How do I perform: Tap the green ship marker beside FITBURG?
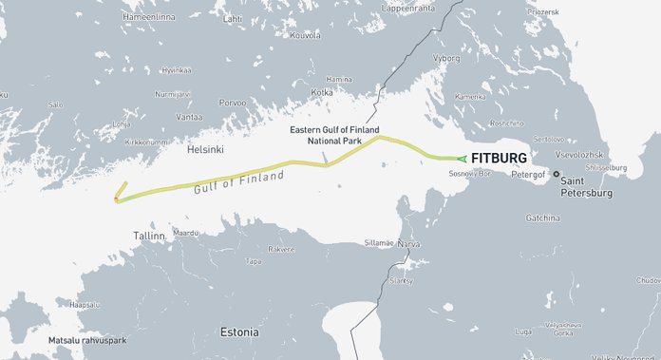[x=462, y=159]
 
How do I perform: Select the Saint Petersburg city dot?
[x=557, y=174]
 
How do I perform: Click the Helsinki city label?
[x=205, y=149]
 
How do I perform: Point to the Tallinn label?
[x=149, y=235]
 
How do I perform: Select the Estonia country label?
[x=238, y=332]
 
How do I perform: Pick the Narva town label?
[x=408, y=244]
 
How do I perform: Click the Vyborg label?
[x=445, y=57]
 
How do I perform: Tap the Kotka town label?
[x=322, y=92]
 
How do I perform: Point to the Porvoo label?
[x=233, y=102]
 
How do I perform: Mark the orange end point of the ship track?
[x=117, y=199]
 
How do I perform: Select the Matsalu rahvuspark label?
[x=86, y=339]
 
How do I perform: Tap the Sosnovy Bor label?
[x=468, y=175]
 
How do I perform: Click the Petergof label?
[x=525, y=175]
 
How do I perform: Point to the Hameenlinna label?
[x=150, y=16]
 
